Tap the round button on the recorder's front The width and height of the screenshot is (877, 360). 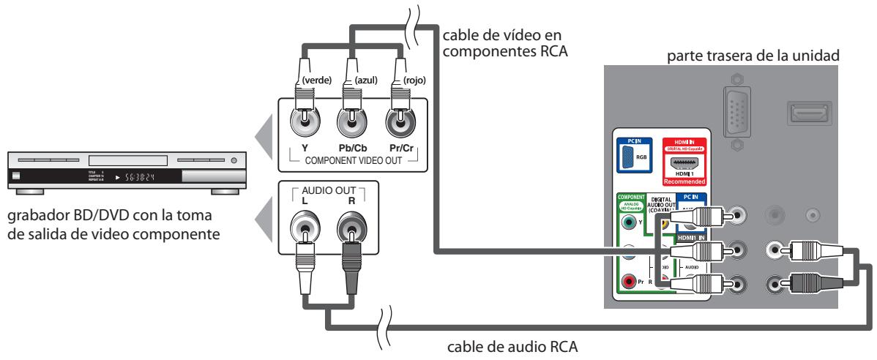click(x=234, y=160)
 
